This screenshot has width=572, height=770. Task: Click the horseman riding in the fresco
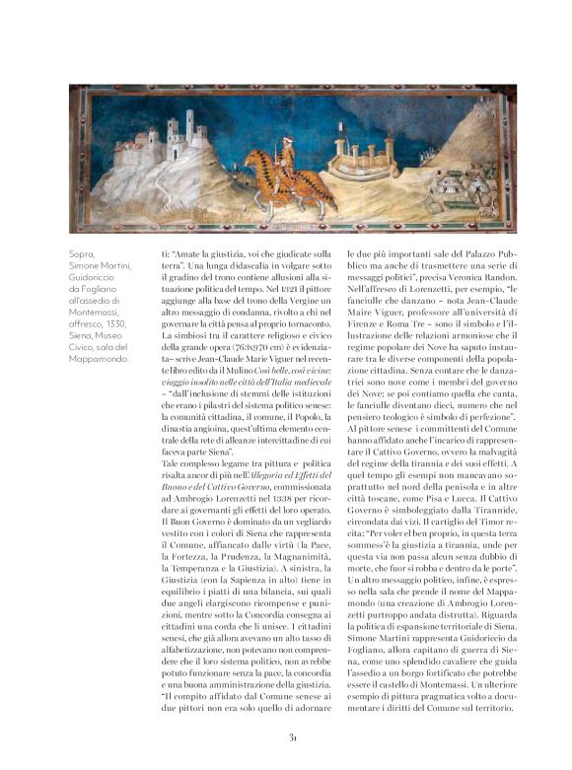286,169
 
